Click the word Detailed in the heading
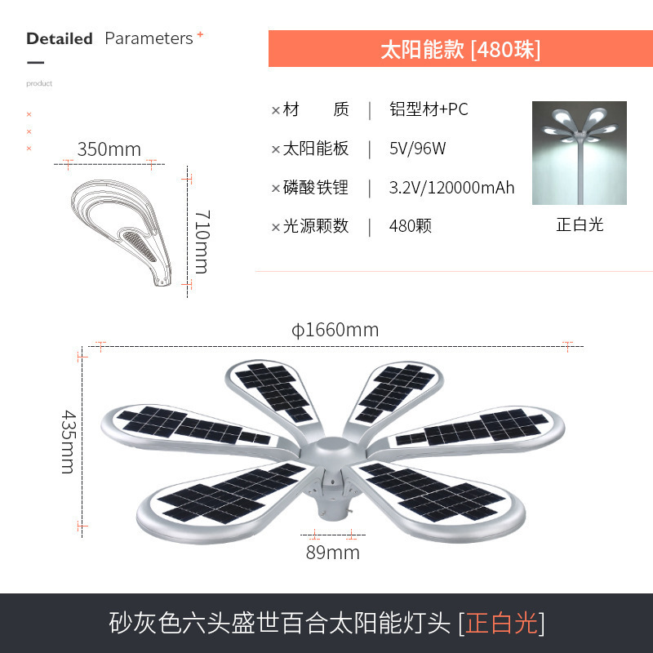point(60,38)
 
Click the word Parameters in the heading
point(149,38)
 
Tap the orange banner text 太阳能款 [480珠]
point(460,49)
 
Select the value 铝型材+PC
point(429,109)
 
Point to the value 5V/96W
point(417,149)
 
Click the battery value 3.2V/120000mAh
point(451,188)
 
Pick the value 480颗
point(411,226)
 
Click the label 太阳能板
point(316,149)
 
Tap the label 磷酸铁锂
point(316,188)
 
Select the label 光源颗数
point(316,226)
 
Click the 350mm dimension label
point(109,149)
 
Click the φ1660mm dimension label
point(335,330)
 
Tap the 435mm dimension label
point(67,441)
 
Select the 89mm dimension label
point(333,553)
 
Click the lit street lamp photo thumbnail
point(579,153)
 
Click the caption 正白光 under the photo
point(580,224)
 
